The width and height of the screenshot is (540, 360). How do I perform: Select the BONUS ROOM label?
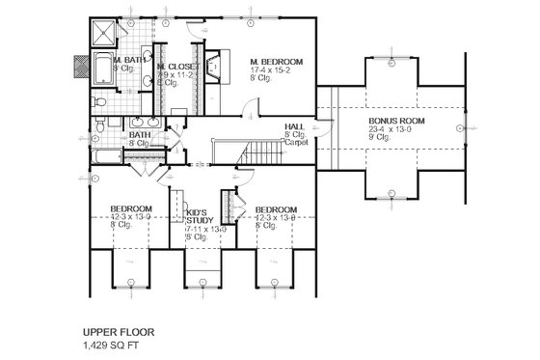click(393, 122)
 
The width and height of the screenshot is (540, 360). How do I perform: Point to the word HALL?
click(295, 127)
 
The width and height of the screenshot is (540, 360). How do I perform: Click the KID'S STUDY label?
click(200, 215)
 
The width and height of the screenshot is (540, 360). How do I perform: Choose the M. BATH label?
click(129, 61)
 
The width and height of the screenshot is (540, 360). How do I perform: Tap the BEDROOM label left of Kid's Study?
click(129, 208)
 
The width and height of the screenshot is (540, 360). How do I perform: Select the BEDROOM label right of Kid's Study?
click(276, 208)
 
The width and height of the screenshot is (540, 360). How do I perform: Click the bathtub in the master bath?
click(104, 152)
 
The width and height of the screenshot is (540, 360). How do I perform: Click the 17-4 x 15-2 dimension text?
click(277, 69)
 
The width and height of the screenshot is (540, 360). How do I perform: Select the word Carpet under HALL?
click(295, 143)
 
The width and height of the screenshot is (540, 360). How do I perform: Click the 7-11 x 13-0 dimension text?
click(205, 229)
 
